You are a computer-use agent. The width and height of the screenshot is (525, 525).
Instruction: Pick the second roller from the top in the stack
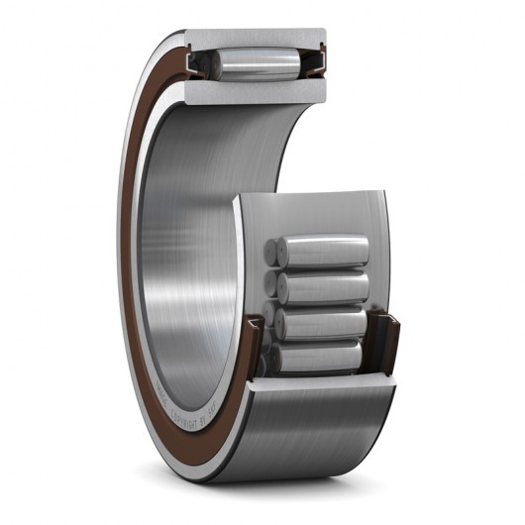pos(323,288)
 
